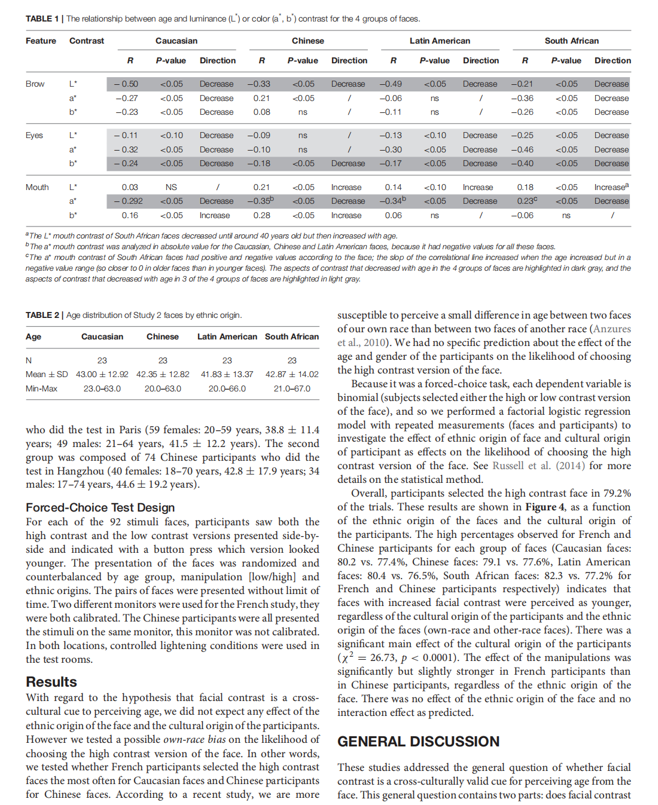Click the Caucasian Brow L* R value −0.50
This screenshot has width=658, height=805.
(x=126, y=84)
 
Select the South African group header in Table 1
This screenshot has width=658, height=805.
(x=571, y=41)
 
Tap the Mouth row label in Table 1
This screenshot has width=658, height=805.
(x=37, y=187)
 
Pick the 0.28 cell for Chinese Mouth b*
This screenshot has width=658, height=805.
(x=261, y=215)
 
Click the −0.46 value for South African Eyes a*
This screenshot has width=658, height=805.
(x=522, y=149)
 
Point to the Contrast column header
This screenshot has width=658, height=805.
(x=87, y=41)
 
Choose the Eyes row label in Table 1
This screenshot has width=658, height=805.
(x=34, y=135)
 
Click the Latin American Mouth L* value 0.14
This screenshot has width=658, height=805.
(x=393, y=187)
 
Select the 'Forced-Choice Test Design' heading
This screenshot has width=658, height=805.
(x=100, y=507)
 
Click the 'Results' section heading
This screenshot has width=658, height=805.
(x=51, y=682)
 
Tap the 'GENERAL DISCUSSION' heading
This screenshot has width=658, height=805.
(x=418, y=741)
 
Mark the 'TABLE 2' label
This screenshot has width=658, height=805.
(x=42, y=315)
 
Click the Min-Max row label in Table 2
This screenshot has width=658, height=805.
(x=41, y=388)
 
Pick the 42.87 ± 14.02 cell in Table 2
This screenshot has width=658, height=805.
(x=292, y=374)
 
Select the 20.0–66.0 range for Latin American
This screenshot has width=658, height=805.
(x=227, y=388)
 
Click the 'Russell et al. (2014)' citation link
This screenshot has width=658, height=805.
(x=538, y=466)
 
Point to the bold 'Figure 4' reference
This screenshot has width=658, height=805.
(x=544, y=507)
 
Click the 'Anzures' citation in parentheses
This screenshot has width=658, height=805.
(x=611, y=329)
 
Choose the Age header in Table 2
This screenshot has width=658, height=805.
(x=33, y=336)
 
